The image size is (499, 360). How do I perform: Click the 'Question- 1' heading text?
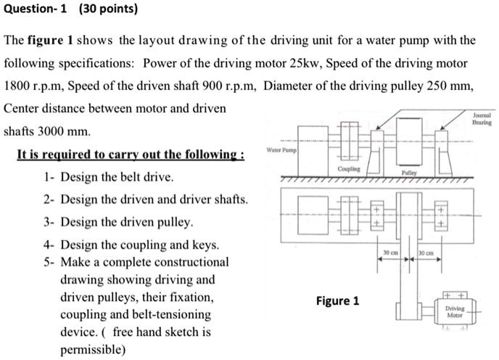[x=36, y=11]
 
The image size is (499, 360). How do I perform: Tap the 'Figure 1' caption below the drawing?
[x=337, y=300]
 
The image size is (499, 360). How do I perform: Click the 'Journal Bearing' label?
[x=481, y=119]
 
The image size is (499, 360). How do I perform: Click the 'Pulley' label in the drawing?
[x=409, y=174]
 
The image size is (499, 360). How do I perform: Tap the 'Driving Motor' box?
[x=454, y=312]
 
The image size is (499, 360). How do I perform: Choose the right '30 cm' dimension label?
[x=426, y=251]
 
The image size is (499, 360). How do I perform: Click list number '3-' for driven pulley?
[x=49, y=222]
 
